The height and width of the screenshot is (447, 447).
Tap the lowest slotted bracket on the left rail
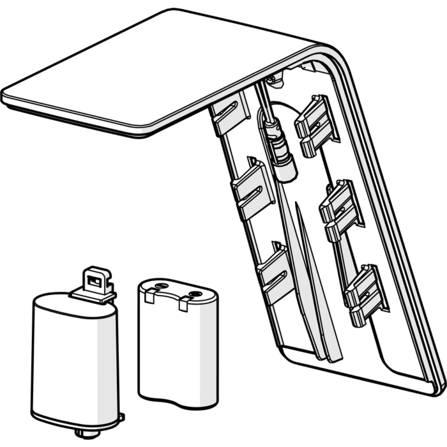tap(275, 272)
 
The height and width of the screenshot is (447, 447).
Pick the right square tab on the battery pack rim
tap(184, 305)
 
